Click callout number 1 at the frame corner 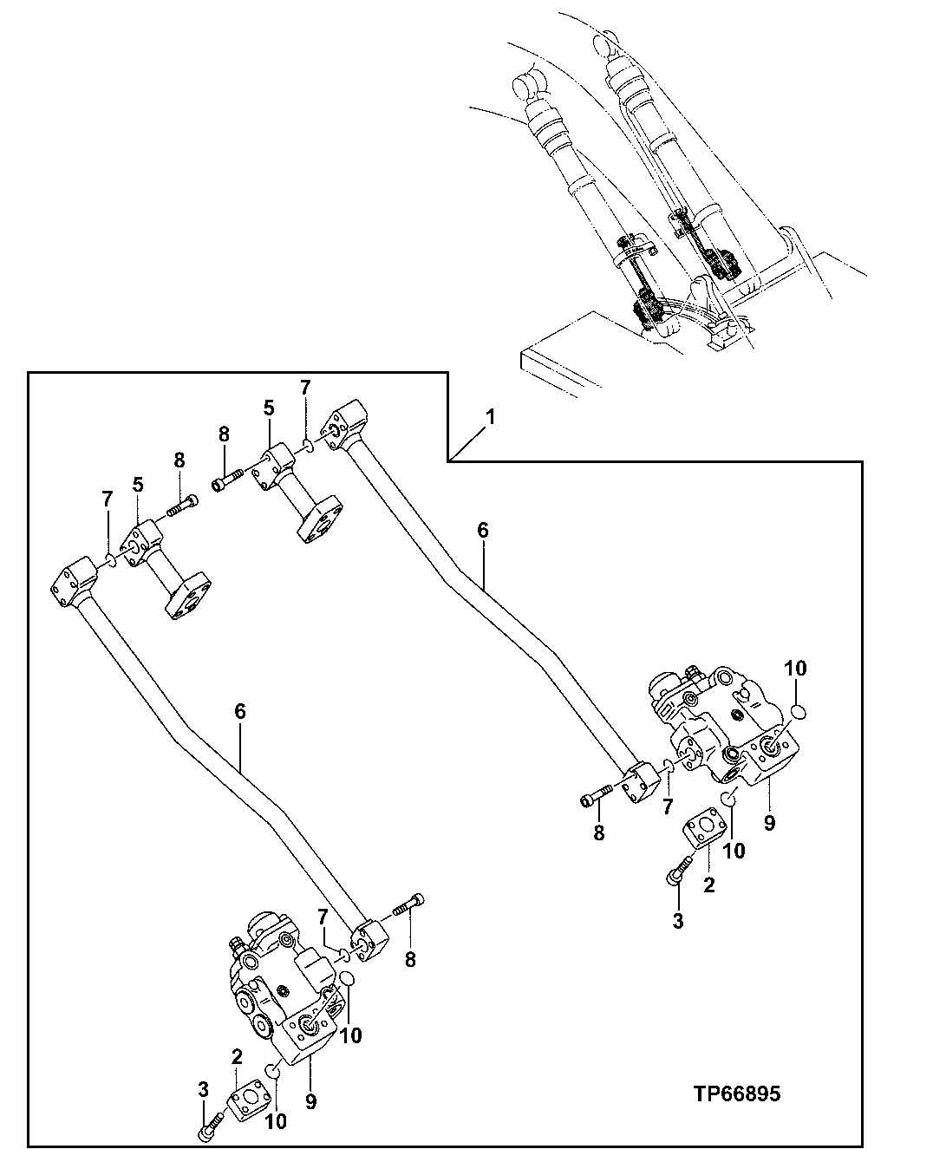point(491,417)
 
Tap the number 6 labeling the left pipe point(240,711)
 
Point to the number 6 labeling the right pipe point(483,530)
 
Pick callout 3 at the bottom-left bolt point(203,1088)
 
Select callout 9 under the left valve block point(310,1101)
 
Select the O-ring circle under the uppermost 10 point(800,712)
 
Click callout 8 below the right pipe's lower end point(599,833)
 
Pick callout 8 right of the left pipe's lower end point(411,959)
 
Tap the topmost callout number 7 point(304,387)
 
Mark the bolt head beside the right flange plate point(674,877)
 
